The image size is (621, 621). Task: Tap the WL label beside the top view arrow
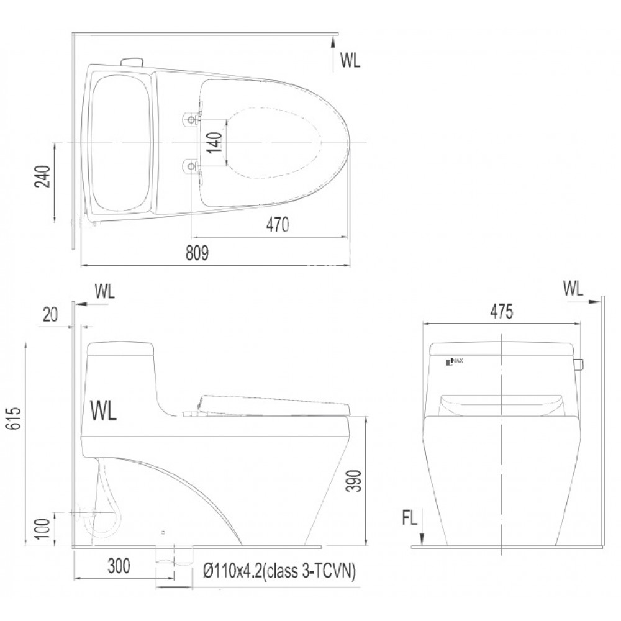[350, 60]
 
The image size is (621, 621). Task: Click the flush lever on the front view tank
[579, 364]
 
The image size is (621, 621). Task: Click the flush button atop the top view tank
[132, 61]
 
